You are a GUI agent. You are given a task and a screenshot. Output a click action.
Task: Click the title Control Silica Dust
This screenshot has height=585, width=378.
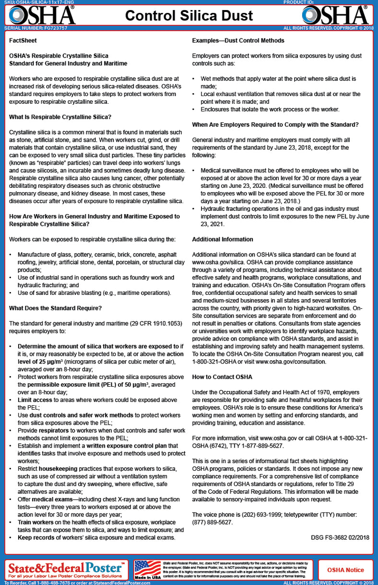tap(189, 15)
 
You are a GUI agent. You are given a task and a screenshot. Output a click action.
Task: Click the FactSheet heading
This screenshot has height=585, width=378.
tap(23, 41)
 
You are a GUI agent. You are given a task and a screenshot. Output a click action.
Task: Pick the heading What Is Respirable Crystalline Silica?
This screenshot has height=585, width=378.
tap(60, 117)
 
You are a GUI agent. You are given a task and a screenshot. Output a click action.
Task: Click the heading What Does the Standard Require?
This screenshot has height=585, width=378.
tap(55, 308)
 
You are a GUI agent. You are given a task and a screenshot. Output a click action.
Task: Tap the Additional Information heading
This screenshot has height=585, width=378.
tap(223, 239)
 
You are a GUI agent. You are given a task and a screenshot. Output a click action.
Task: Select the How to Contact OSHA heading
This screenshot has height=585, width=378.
tap(222, 377)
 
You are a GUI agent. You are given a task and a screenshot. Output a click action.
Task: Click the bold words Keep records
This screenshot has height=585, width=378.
tap(36, 537)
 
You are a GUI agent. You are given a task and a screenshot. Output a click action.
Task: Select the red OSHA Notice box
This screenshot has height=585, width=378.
tap(345, 570)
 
